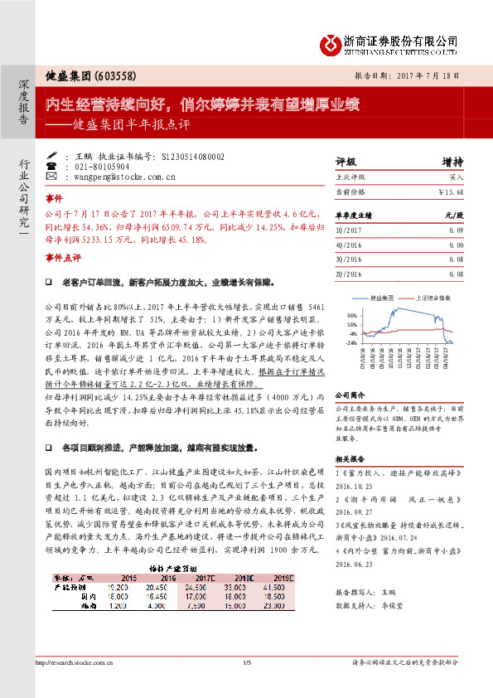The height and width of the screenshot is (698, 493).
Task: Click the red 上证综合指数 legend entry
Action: click(434, 296)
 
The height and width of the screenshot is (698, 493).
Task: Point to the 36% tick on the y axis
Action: click(352, 315)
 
